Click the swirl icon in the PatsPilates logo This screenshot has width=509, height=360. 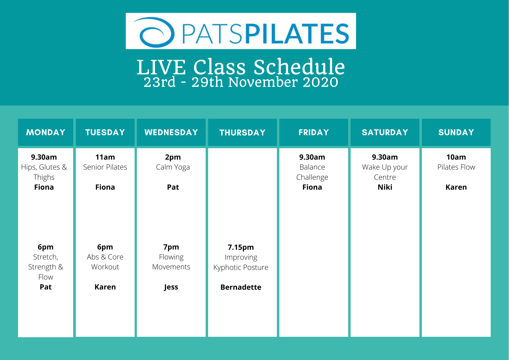[x=154, y=32]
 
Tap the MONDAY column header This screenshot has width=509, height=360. [x=46, y=132]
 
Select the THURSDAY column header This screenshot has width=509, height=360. [x=243, y=133]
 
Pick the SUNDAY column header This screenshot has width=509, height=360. [x=456, y=132]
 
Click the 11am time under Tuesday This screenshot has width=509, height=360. [x=105, y=157]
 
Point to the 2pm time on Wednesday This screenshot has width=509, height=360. [x=173, y=157]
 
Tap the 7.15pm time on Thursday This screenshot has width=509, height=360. [x=241, y=247]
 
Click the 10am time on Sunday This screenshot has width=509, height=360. [x=456, y=157]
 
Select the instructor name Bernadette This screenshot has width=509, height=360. [x=241, y=287]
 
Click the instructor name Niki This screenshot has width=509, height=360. [x=385, y=187]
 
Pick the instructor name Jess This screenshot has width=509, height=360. [x=171, y=287]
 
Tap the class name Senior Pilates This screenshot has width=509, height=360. [x=105, y=167]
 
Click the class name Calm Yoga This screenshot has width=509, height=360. [x=173, y=167]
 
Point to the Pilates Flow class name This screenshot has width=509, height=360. [x=456, y=167]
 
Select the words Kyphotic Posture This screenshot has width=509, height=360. [x=241, y=267]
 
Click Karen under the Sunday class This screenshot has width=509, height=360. [x=456, y=187]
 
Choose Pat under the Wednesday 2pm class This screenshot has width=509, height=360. [x=173, y=187]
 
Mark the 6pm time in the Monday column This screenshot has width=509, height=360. [x=46, y=247]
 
